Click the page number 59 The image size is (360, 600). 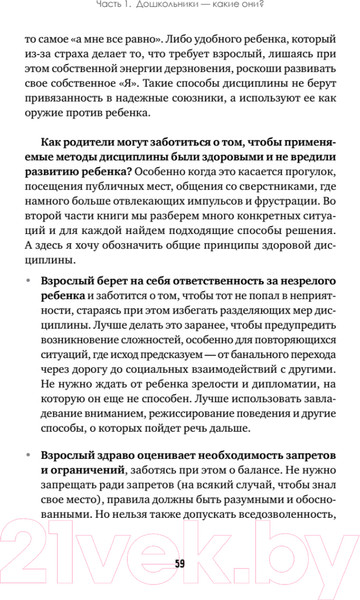180,563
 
